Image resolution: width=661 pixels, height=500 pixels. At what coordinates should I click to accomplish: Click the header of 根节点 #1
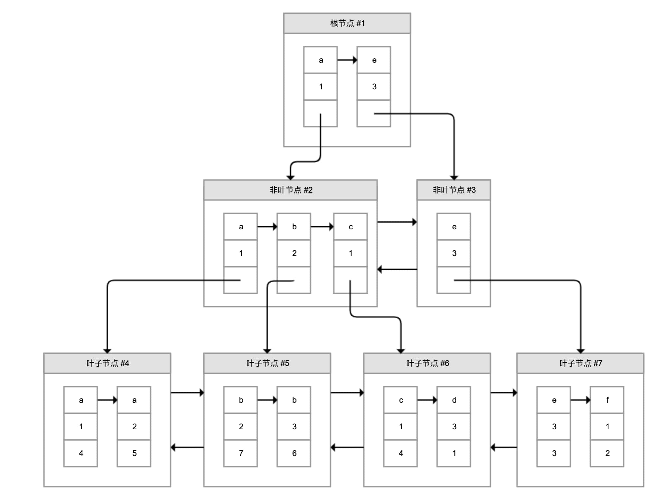[x=347, y=23]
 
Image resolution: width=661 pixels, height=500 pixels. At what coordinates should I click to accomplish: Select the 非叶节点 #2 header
[x=290, y=190]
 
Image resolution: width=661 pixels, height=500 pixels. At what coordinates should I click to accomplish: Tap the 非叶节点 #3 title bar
[x=453, y=190]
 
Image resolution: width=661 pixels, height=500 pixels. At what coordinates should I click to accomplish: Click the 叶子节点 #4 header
[x=107, y=363]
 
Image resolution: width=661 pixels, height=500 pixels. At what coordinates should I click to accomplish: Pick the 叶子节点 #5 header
[x=267, y=363]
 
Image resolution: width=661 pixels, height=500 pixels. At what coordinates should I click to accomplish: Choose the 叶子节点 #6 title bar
[x=427, y=363]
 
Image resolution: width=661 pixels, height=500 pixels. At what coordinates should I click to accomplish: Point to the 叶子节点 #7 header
[x=580, y=363]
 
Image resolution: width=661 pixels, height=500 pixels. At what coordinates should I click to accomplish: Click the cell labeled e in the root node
[x=374, y=60]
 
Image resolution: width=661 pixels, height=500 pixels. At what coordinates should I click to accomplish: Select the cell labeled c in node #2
[x=350, y=227]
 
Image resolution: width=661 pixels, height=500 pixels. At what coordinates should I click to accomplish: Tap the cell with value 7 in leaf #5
[x=241, y=453]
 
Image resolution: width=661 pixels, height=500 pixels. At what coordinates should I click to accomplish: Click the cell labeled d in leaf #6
[x=454, y=400]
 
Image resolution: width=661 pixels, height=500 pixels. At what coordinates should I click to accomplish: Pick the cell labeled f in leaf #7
[x=607, y=400]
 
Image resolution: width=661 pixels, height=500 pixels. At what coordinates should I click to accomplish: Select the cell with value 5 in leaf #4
[x=134, y=453]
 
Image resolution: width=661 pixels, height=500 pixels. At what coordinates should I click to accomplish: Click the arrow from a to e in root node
[x=347, y=60]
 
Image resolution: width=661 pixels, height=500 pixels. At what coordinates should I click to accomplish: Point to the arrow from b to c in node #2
[x=322, y=227]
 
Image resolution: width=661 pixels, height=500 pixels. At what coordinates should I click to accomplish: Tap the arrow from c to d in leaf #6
[x=427, y=400]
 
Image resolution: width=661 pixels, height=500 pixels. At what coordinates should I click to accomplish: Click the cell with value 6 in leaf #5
[x=294, y=453]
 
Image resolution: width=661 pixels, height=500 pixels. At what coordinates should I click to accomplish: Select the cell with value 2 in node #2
[x=294, y=253]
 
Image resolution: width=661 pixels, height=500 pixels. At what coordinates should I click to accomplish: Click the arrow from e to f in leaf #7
[x=580, y=400]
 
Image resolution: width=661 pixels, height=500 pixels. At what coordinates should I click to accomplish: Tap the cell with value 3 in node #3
[x=454, y=253]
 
